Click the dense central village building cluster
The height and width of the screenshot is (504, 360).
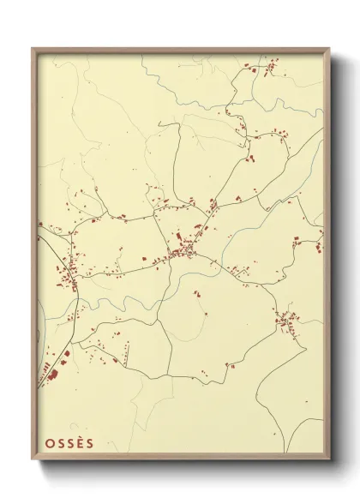click(x=183, y=252)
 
